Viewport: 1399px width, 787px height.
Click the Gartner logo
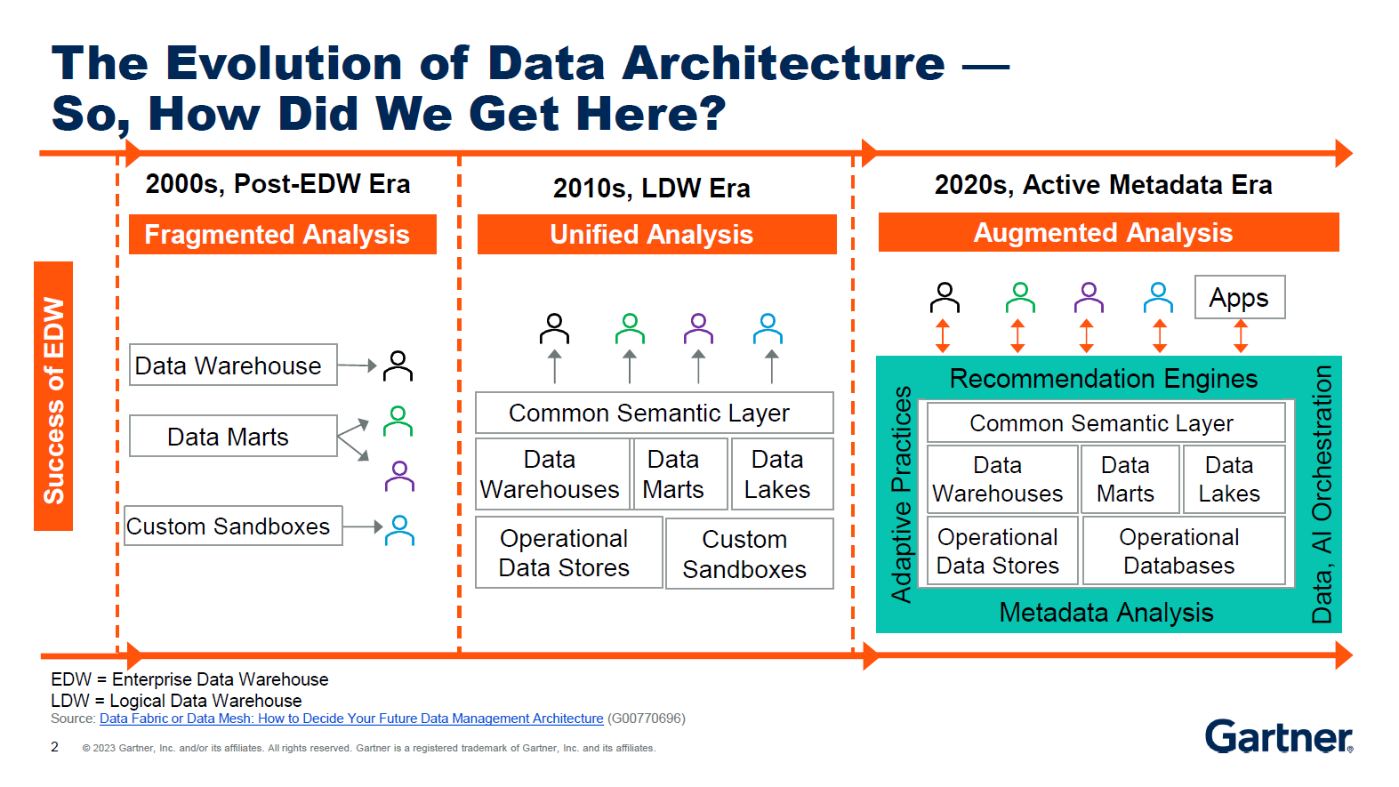pos(1277,736)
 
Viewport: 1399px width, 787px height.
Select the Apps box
pos(1239,298)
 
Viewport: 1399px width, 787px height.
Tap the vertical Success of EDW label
pos(53,397)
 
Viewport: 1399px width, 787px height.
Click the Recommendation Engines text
pos(1103,379)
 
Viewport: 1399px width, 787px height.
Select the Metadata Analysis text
pos(1106,612)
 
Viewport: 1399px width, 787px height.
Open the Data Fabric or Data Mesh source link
pos(351,719)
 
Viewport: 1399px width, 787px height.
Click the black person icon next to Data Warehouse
pos(398,365)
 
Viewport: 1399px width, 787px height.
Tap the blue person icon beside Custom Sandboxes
pos(399,530)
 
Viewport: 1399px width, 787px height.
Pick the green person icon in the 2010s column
pos(630,329)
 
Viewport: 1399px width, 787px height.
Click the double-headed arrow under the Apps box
pos(1240,336)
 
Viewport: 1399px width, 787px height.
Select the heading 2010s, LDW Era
pos(651,189)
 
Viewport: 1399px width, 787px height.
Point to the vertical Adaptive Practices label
pos(901,494)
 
